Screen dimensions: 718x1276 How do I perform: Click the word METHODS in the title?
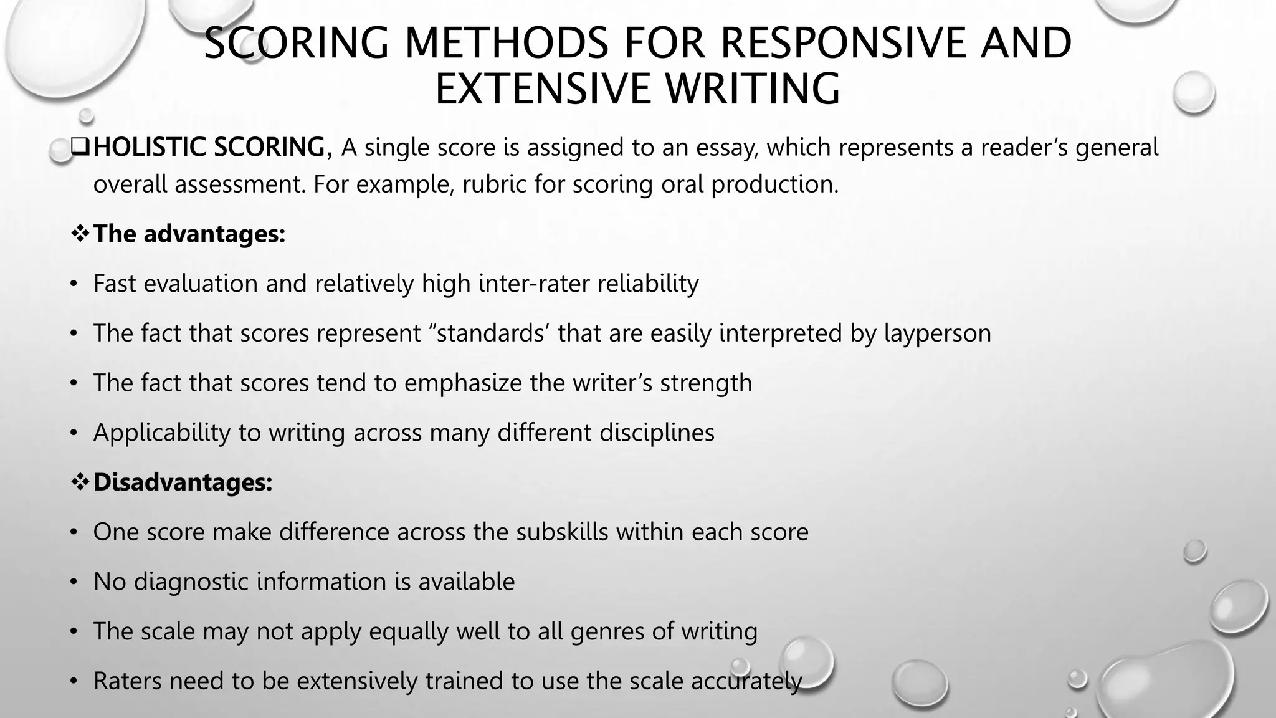pos(505,44)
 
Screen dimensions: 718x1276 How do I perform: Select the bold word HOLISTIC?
pos(150,147)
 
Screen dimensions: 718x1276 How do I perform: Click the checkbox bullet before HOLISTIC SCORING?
pos(80,147)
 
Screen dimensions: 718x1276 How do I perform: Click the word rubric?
pos(487,184)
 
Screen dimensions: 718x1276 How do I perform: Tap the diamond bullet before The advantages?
pos(80,234)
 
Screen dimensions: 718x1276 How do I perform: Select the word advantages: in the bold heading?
pos(214,234)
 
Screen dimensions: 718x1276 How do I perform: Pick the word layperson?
pos(937,333)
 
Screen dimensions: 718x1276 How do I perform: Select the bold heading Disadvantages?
pos(183,482)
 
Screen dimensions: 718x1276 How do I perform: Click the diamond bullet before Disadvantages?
pos(80,482)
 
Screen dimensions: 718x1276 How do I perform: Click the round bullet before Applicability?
pos(74,433)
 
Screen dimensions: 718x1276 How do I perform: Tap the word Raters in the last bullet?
pos(127,681)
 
